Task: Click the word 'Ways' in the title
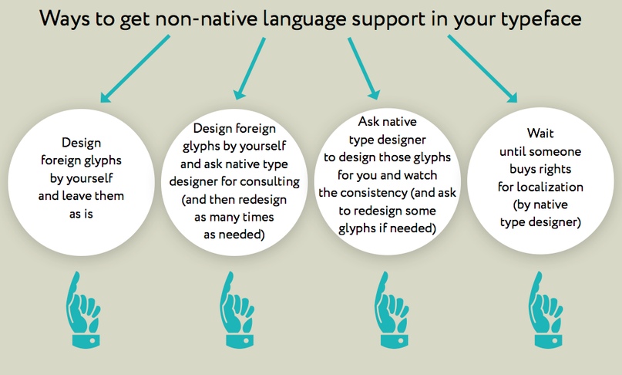tap(65, 19)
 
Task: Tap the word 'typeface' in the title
tap(541, 19)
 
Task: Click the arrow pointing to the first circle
tap(136, 69)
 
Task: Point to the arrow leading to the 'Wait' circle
tap(482, 69)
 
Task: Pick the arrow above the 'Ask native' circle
tap(364, 69)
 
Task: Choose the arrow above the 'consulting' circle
tap(250, 69)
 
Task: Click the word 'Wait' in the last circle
tap(540, 133)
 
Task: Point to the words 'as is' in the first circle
tap(81, 214)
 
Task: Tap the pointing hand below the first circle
tap(83, 310)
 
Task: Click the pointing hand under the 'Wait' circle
tap(546, 310)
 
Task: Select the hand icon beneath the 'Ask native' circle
tap(392, 310)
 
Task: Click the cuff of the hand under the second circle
tap(240, 340)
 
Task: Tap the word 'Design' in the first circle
tap(82, 143)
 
